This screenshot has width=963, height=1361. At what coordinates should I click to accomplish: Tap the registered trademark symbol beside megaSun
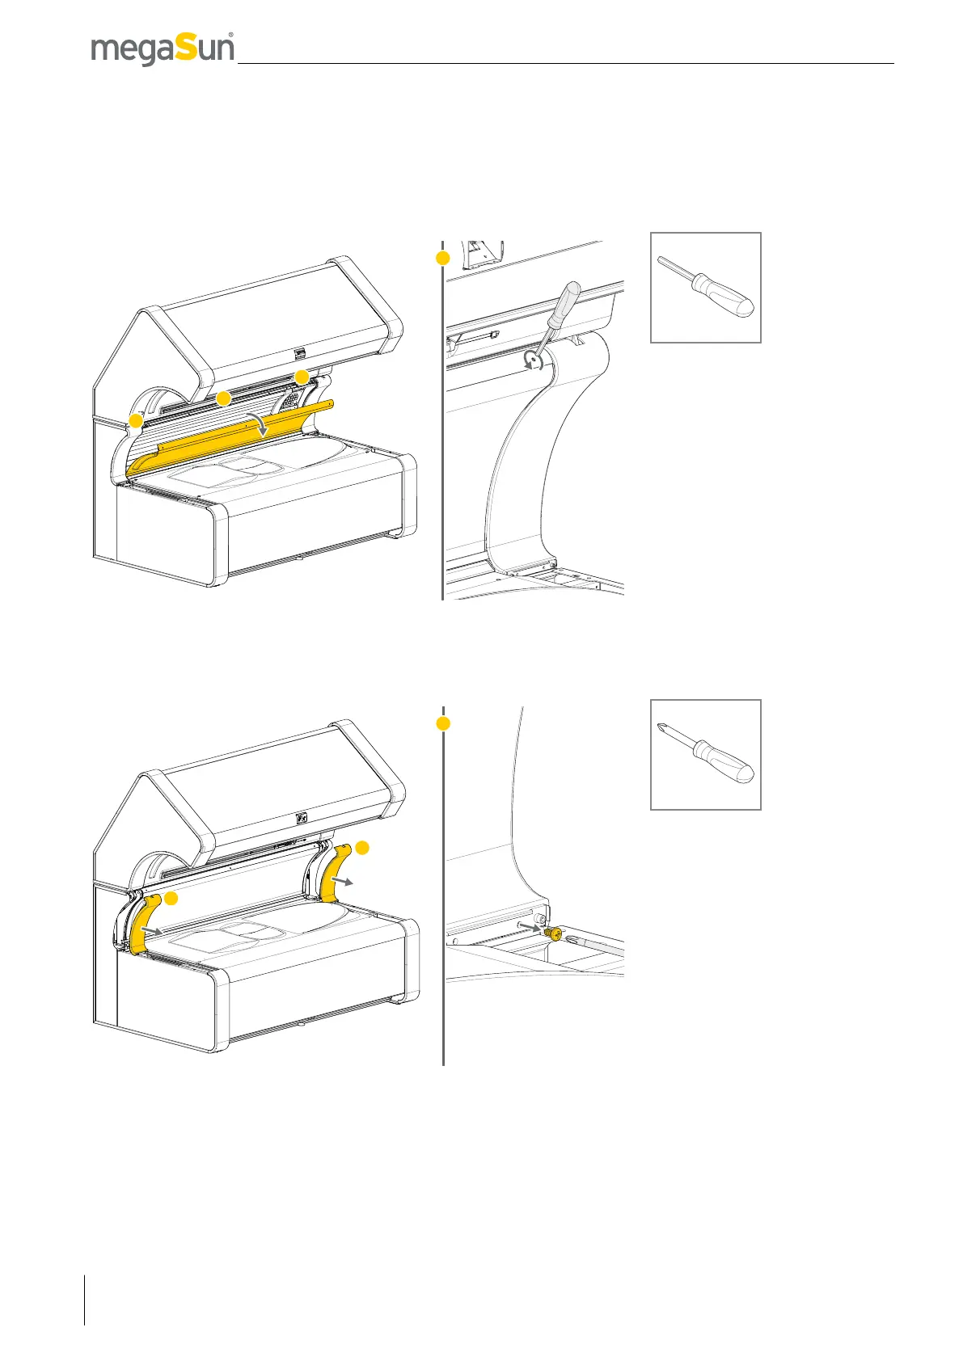pos(231,36)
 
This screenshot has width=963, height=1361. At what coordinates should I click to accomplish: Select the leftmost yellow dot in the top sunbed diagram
pos(136,421)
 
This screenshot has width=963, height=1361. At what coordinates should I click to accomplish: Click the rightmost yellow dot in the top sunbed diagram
pos(302,377)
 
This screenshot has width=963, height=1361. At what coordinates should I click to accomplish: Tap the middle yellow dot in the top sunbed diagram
pos(222,398)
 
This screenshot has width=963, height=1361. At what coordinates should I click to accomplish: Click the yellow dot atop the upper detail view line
pos(442,258)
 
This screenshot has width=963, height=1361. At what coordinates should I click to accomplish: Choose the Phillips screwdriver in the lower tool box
pos(706,754)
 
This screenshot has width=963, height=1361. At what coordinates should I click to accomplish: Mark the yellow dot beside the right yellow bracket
pos(362,847)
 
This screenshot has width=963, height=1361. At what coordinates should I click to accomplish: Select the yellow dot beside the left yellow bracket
pos(171,899)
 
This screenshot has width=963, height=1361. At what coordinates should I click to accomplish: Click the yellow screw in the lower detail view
pos(555,933)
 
